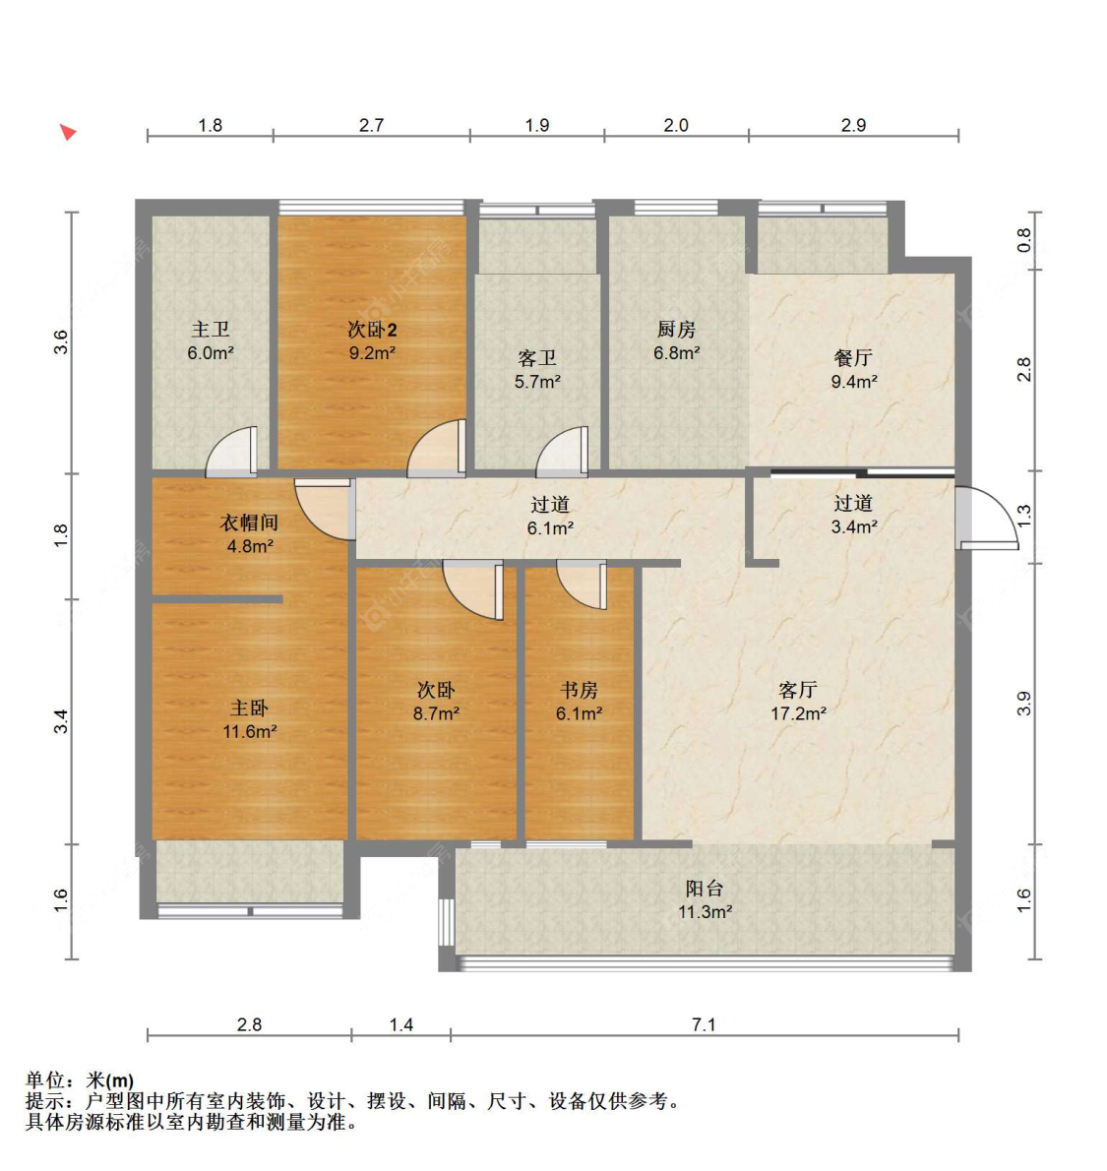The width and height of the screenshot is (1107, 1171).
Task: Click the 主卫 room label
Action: pyautogui.click(x=210, y=329)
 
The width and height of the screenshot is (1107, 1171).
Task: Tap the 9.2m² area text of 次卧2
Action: pyautogui.click(x=372, y=352)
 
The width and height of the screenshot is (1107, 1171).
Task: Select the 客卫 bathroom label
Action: pyautogui.click(x=537, y=358)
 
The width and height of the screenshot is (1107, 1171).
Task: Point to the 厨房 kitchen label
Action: pyautogui.click(x=676, y=329)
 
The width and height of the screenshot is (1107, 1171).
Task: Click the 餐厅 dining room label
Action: pyautogui.click(x=853, y=358)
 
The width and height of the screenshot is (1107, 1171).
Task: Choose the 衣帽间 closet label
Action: pyautogui.click(x=250, y=522)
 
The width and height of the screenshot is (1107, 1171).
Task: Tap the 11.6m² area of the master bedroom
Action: pyautogui.click(x=250, y=732)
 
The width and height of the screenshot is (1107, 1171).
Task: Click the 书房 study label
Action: pyautogui.click(x=579, y=690)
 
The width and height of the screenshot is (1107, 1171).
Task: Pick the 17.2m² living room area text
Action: pyautogui.click(x=798, y=714)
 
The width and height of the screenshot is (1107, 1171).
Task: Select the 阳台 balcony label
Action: pyautogui.click(x=705, y=889)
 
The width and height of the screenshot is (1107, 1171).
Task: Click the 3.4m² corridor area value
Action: pyautogui.click(x=854, y=527)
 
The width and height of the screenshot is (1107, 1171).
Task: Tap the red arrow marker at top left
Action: pyautogui.click(x=68, y=132)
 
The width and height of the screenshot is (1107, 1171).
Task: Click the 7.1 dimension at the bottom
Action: pyautogui.click(x=704, y=1023)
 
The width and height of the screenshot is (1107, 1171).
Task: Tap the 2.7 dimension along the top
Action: pyautogui.click(x=371, y=125)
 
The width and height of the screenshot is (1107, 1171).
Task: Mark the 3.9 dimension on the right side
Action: pyautogui.click(x=1024, y=704)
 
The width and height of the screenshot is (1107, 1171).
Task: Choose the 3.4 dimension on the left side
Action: pyautogui.click(x=60, y=721)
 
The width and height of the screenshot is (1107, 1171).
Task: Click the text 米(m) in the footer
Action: pyautogui.click(x=110, y=1079)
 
